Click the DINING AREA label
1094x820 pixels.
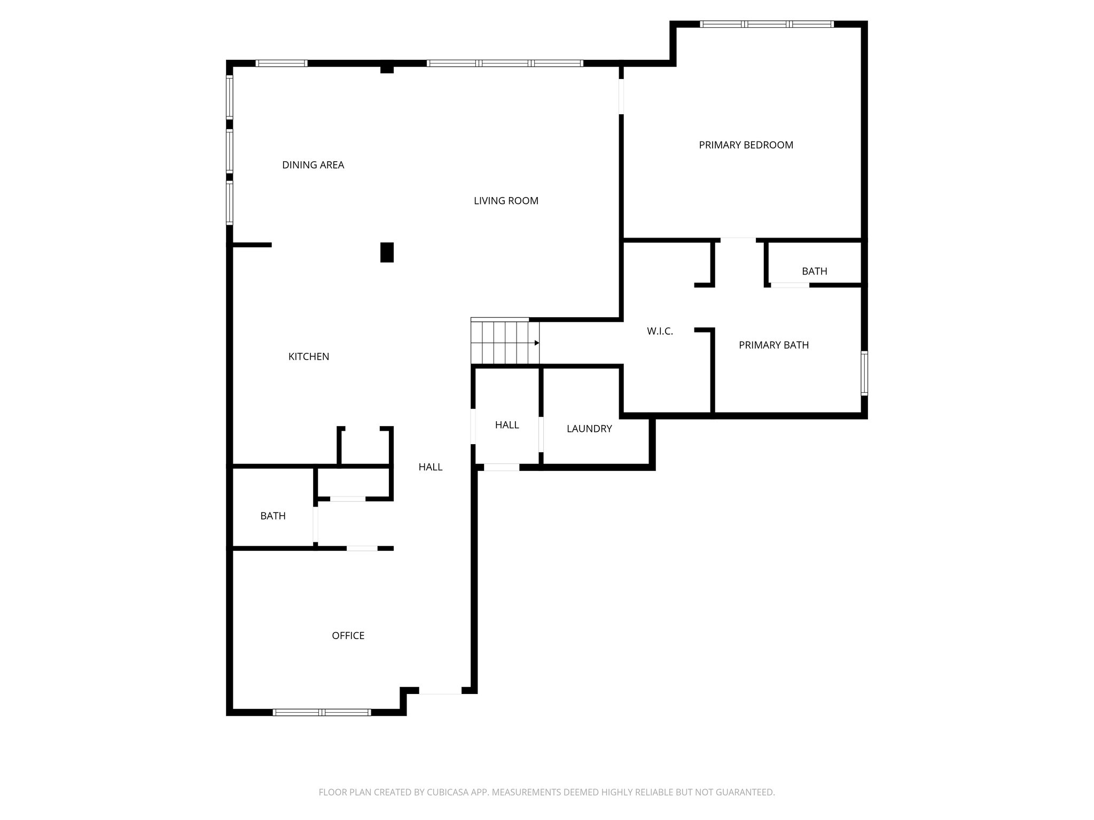[x=313, y=165]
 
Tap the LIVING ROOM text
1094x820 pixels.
[x=506, y=201]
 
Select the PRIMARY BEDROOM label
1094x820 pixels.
[x=746, y=145]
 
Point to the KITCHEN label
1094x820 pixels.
[x=309, y=357]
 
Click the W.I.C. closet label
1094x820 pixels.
[x=660, y=331]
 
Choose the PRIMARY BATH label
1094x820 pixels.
[x=773, y=345]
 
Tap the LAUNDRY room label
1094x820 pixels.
[x=589, y=429]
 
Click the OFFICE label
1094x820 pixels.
[x=348, y=635]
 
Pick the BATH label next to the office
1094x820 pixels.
[x=273, y=516]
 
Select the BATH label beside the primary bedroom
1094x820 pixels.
[x=814, y=271]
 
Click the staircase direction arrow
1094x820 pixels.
[x=536, y=343]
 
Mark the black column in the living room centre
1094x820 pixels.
[x=387, y=252]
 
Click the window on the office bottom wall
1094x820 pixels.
[x=322, y=712]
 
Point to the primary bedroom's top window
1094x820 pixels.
[x=767, y=24]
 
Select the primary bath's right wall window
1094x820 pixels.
[x=864, y=373]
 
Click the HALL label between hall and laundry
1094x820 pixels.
[x=507, y=425]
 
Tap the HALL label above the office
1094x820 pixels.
[x=430, y=467]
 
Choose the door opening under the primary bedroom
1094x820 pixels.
[x=738, y=240]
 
